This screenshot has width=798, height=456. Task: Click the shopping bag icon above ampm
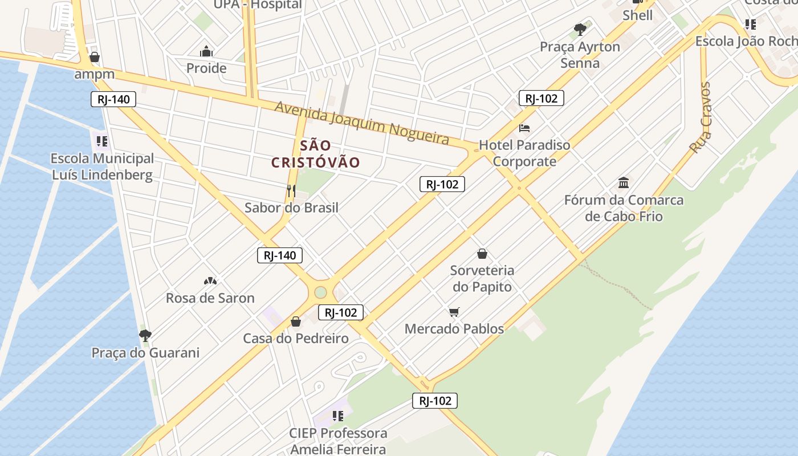[95, 57]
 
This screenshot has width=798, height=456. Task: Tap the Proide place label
[206, 68]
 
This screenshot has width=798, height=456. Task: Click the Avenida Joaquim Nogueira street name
[362, 123]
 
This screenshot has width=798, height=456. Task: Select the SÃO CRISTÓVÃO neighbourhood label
[315, 154]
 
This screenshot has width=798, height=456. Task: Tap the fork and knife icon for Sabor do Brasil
[291, 190]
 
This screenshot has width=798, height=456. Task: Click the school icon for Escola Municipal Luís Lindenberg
[102, 141]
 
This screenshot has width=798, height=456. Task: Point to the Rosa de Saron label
[210, 298]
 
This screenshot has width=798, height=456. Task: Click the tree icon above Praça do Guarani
[145, 335]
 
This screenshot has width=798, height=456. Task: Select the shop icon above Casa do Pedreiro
[295, 321]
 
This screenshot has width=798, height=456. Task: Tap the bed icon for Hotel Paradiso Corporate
[524, 128]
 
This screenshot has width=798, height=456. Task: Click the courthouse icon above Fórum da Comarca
[624, 183]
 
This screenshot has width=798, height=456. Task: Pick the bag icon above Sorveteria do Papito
[482, 253]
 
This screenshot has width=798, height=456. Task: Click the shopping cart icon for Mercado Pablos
[454, 312]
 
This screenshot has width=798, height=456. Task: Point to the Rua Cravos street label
[701, 118]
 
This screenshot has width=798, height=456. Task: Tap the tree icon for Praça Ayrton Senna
[580, 29]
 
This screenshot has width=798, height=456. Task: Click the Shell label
[637, 15]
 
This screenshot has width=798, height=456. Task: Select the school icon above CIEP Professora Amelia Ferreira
[337, 416]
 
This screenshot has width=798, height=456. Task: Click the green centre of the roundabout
[320, 292]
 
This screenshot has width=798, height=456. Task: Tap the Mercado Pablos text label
[454, 329]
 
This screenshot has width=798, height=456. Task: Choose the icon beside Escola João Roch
[751, 25]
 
